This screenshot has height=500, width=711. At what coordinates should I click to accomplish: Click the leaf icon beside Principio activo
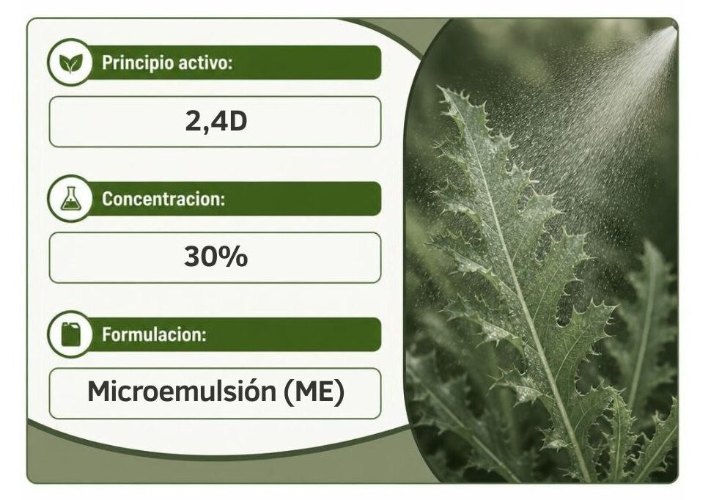click(x=70, y=62)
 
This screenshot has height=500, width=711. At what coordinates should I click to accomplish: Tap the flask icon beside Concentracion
click(x=70, y=198)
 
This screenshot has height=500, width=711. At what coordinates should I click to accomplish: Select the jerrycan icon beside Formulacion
click(x=70, y=334)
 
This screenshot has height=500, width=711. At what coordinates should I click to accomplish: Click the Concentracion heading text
click(x=163, y=199)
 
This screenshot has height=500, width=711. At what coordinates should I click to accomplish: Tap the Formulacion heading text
click(x=154, y=334)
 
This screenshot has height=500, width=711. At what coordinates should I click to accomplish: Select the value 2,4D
click(x=215, y=121)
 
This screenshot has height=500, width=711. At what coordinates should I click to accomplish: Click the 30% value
click(x=215, y=257)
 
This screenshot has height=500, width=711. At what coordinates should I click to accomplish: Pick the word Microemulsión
click(x=181, y=391)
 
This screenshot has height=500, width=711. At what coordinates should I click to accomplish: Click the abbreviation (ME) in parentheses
click(x=314, y=391)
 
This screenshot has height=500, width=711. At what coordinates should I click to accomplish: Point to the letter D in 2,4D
click(x=237, y=121)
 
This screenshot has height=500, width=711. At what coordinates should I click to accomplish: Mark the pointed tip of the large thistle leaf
click(x=441, y=88)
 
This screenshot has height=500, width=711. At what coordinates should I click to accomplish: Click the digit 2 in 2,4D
click(x=193, y=121)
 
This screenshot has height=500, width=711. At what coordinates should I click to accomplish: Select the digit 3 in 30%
click(x=192, y=257)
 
